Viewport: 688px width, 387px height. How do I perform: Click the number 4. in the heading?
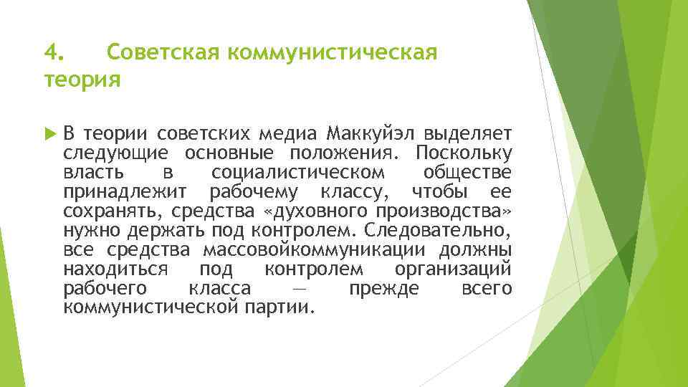pyautogui.click(x=54, y=52)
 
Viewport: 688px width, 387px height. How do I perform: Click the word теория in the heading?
pyautogui.click(x=82, y=79)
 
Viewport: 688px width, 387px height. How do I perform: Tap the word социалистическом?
pyautogui.click(x=298, y=173)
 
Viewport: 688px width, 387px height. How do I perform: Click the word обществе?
pyautogui.click(x=467, y=173)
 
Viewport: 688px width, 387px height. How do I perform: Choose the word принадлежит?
pyautogui.click(x=125, y=192)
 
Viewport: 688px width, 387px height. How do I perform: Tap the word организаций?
pyautogui.click(x=453, y=269)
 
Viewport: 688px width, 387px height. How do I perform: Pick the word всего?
pyautogui.click(x=487, y=289)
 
